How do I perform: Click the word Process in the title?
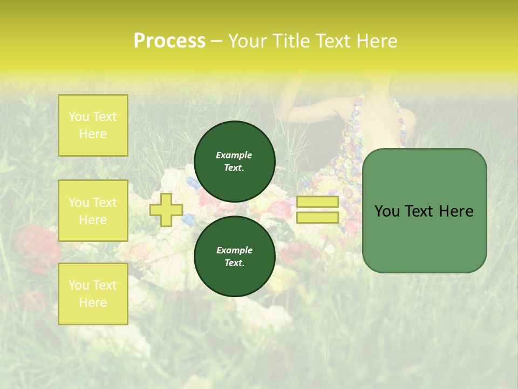tap(169, 41)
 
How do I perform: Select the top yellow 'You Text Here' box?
tap(93, 125)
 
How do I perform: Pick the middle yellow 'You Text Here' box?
tap(93, 211)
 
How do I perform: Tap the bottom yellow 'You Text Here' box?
tap(93, 294)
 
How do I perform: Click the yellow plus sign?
tap(166, 210)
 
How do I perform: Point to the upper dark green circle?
tap(234, 161)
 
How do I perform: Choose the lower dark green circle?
tap(234, 256)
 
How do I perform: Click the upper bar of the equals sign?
tap(317, 202)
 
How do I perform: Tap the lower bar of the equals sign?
tap(317, 218)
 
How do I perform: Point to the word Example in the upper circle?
tap(234, 155)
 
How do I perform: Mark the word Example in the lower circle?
tap(234, 250)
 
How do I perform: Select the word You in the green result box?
tap(387, 211)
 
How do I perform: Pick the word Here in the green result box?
tap(456, 211)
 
